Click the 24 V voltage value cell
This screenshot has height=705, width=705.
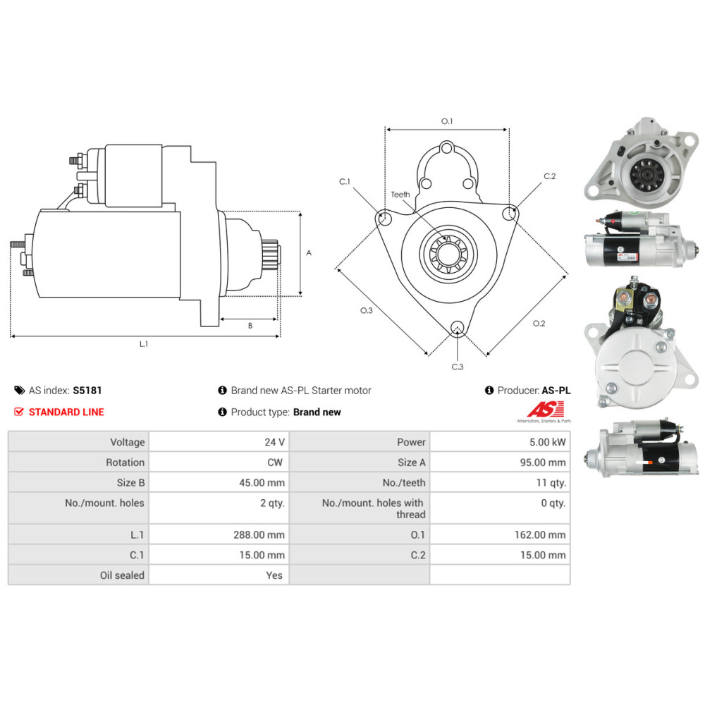[274, 442]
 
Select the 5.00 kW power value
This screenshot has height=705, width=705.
[547, 442]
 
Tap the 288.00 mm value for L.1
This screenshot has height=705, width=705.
[259, 534]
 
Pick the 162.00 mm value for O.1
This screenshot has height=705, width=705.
[540, 534]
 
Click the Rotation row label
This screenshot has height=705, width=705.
[125, 462]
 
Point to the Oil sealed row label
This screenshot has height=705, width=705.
[122, 575]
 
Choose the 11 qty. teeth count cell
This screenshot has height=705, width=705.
[551, 482]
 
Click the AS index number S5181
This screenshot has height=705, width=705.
[87, 391]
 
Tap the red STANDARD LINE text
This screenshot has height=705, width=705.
[66, 412]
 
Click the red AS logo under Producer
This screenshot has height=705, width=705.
[546, 410]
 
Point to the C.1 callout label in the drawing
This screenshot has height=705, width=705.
[345, 182]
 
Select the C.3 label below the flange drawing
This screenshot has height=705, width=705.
[458, 367]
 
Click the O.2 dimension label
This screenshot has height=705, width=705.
[539, 324]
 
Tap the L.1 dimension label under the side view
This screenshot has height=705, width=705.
[143, 344]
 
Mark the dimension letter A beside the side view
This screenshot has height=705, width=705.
[309, 252]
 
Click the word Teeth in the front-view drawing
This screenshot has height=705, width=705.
[400, 195]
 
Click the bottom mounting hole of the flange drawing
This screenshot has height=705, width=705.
[458, 328]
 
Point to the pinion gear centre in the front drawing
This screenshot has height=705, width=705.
[448, 254]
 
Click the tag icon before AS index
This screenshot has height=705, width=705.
[19, 391]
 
